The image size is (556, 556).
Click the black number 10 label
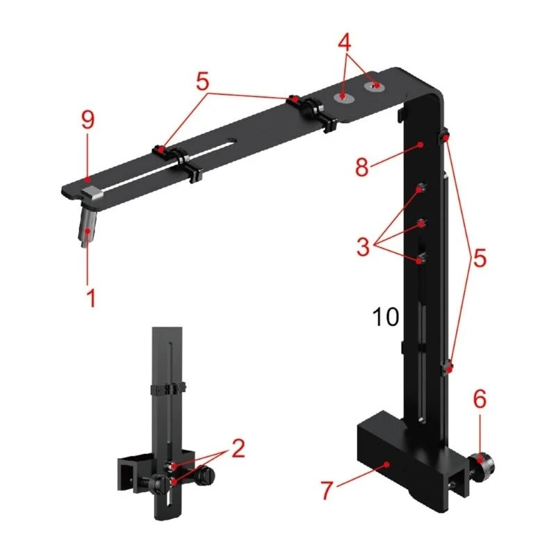pyautogui.click(x=386, y=318)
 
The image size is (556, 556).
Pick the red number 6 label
pyautogui.click(x=480, y=399)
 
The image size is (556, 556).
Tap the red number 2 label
pyautogui.click(x=238, y=448)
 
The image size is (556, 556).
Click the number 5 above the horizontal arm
pyautogui.click(x=202, y=81)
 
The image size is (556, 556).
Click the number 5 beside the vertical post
pyautogui.click(x=478, y=258)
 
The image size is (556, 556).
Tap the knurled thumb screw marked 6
pyautogui.click(x=480, y=460)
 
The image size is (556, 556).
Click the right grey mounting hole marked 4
pyautogui.click(x=376, y=85)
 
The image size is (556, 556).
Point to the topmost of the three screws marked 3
pyautogui.click(x=421, y=190)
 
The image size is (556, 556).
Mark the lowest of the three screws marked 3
pyautogui.click(x=421, y=260)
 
